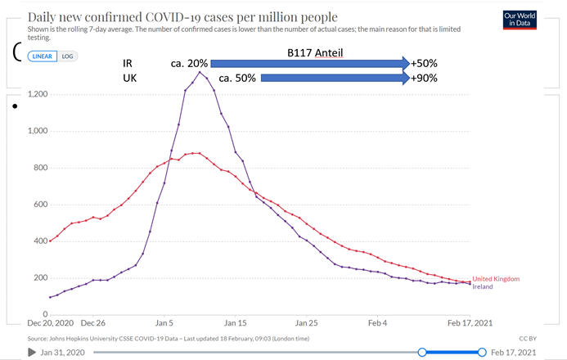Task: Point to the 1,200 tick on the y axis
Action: point(37,95)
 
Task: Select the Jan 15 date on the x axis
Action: point(236,323)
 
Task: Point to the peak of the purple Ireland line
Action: point(199,72)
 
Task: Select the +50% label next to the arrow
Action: point(425,63)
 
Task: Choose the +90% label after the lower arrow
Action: point(425,79)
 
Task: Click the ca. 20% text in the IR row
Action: point(189,63)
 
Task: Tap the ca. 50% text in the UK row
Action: point(237,79)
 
